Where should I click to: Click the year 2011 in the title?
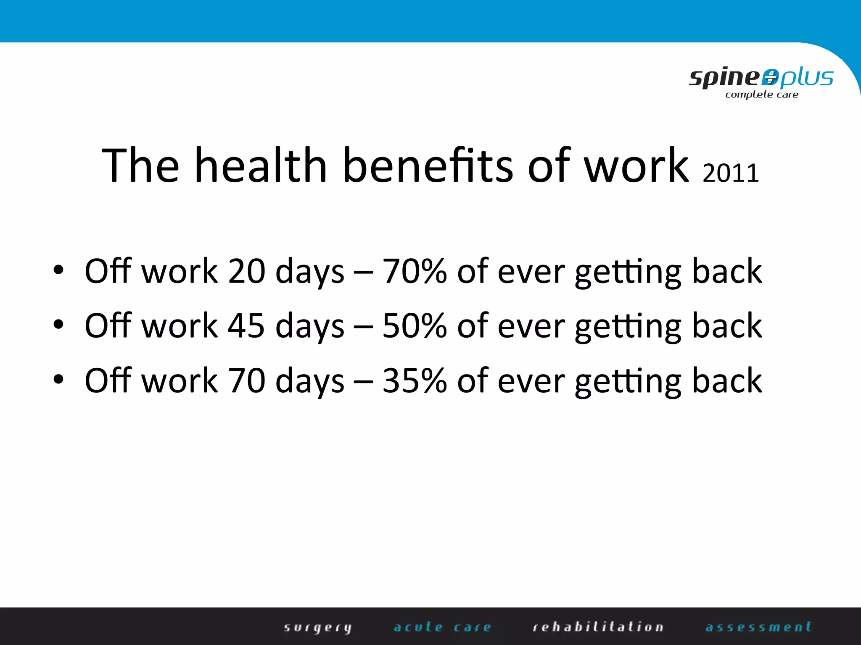tap(731, 173)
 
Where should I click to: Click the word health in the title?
tap(261, 165)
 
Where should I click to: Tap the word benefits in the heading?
tap(428, 165)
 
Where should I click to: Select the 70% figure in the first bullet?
tap(414, 271)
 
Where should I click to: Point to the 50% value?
tap(414, 326)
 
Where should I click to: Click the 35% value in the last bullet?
tap(414, 380)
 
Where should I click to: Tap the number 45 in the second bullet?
tap(246, 326)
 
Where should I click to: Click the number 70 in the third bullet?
tap(246, 380)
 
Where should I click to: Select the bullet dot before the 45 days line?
tap(58, 325)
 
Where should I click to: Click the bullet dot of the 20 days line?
tap(58, 270)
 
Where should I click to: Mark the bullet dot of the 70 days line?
tap(58, 379)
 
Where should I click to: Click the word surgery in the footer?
tap(317, 627)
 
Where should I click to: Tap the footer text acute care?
tap(442, 627)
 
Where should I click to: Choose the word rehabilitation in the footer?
tap(598, 627)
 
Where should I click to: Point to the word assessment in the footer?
tap(758, 627)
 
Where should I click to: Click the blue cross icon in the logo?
tap(770, 77)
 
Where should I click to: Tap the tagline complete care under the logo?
tap(762, 94)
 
